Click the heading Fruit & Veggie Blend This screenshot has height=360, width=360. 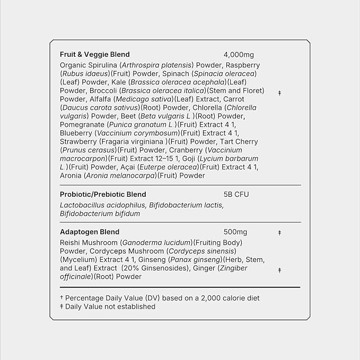click(95, 55)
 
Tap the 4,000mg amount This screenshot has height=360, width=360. click(239, 55)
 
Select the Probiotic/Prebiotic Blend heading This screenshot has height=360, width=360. click(103, 195)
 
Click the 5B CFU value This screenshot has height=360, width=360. click(236, 195)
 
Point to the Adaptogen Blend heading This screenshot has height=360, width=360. click(90, 232)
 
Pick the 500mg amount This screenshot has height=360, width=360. click(235, 232)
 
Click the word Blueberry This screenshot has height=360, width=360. click(76, 133)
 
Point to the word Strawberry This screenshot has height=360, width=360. click(78, 142)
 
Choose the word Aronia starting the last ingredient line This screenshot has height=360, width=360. click(71, 175)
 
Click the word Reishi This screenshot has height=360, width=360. click(71, 242)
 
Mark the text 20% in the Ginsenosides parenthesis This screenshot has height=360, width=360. click(130, 268)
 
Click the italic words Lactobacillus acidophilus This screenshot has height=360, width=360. click(103, 205)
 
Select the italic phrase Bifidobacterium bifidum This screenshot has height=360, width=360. click(100, 214)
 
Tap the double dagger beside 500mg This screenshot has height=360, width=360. click(279, 233)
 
